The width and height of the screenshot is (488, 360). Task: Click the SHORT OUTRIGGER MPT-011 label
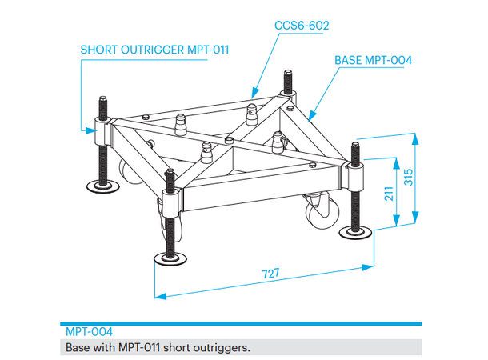tap(154, 50)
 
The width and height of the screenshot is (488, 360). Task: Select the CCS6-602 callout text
tap(302, 26)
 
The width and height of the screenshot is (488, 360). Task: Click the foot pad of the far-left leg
tap(103, 188)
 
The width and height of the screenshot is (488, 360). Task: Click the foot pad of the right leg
tap(354, 233)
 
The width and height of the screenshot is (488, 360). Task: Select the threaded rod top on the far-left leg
tap(102, 103)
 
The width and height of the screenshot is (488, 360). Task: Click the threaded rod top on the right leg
tap(354, 147)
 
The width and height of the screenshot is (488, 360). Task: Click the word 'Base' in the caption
tap(78, 348)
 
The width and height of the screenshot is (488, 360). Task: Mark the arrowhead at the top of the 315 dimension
tap(414, 137)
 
